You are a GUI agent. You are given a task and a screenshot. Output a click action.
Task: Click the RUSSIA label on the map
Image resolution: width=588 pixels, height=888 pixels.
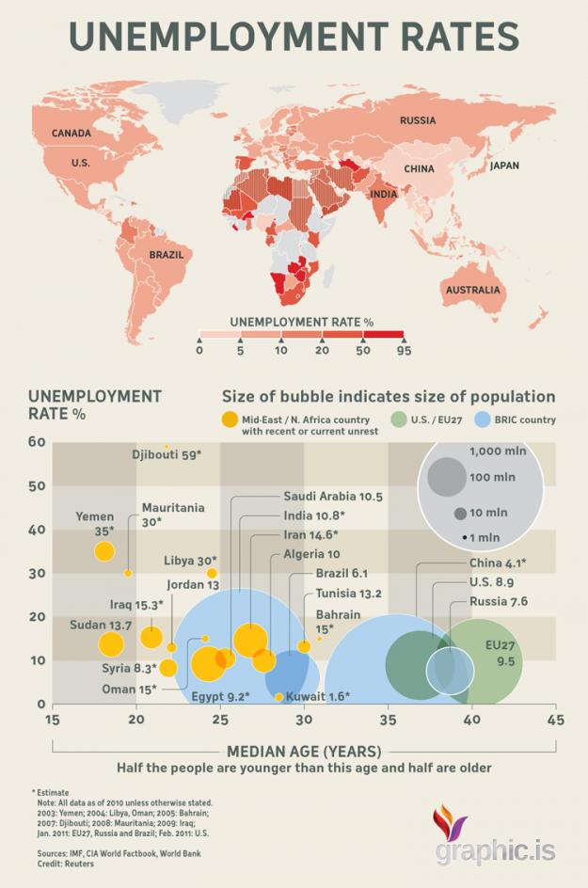[x=417, y=120]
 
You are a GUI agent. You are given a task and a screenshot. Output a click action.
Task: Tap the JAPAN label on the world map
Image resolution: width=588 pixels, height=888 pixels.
[x=503, y=166]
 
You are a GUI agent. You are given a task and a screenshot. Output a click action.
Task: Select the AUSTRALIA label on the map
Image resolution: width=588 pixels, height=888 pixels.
[x=472, y=290]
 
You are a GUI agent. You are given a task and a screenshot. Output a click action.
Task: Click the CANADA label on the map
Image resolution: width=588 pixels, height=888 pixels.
[x=72, y=134]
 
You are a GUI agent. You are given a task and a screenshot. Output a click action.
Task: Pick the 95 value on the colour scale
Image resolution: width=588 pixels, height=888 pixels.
[x=404, y=351]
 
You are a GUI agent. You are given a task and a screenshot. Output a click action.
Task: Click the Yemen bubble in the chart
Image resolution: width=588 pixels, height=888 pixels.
[x=104, y=551]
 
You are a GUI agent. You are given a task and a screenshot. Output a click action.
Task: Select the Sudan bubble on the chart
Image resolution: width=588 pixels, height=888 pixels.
[x=111, y=644]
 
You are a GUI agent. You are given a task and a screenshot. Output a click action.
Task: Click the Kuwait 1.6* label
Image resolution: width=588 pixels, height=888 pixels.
[x=318, y=697]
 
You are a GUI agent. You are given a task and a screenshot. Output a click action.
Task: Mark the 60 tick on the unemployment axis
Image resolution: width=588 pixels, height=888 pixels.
[x=36, y=442]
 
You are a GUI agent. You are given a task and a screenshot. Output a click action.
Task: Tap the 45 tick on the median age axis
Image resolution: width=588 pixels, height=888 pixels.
[x=554, y=721]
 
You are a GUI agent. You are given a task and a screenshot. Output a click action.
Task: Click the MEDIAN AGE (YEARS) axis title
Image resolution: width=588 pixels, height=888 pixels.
[x=304, y=751]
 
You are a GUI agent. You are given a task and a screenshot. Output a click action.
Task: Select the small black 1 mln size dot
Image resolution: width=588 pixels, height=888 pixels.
[x=465, y=536]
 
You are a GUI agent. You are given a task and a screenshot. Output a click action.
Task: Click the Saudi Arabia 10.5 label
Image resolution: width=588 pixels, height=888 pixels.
[x=332, y=497]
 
